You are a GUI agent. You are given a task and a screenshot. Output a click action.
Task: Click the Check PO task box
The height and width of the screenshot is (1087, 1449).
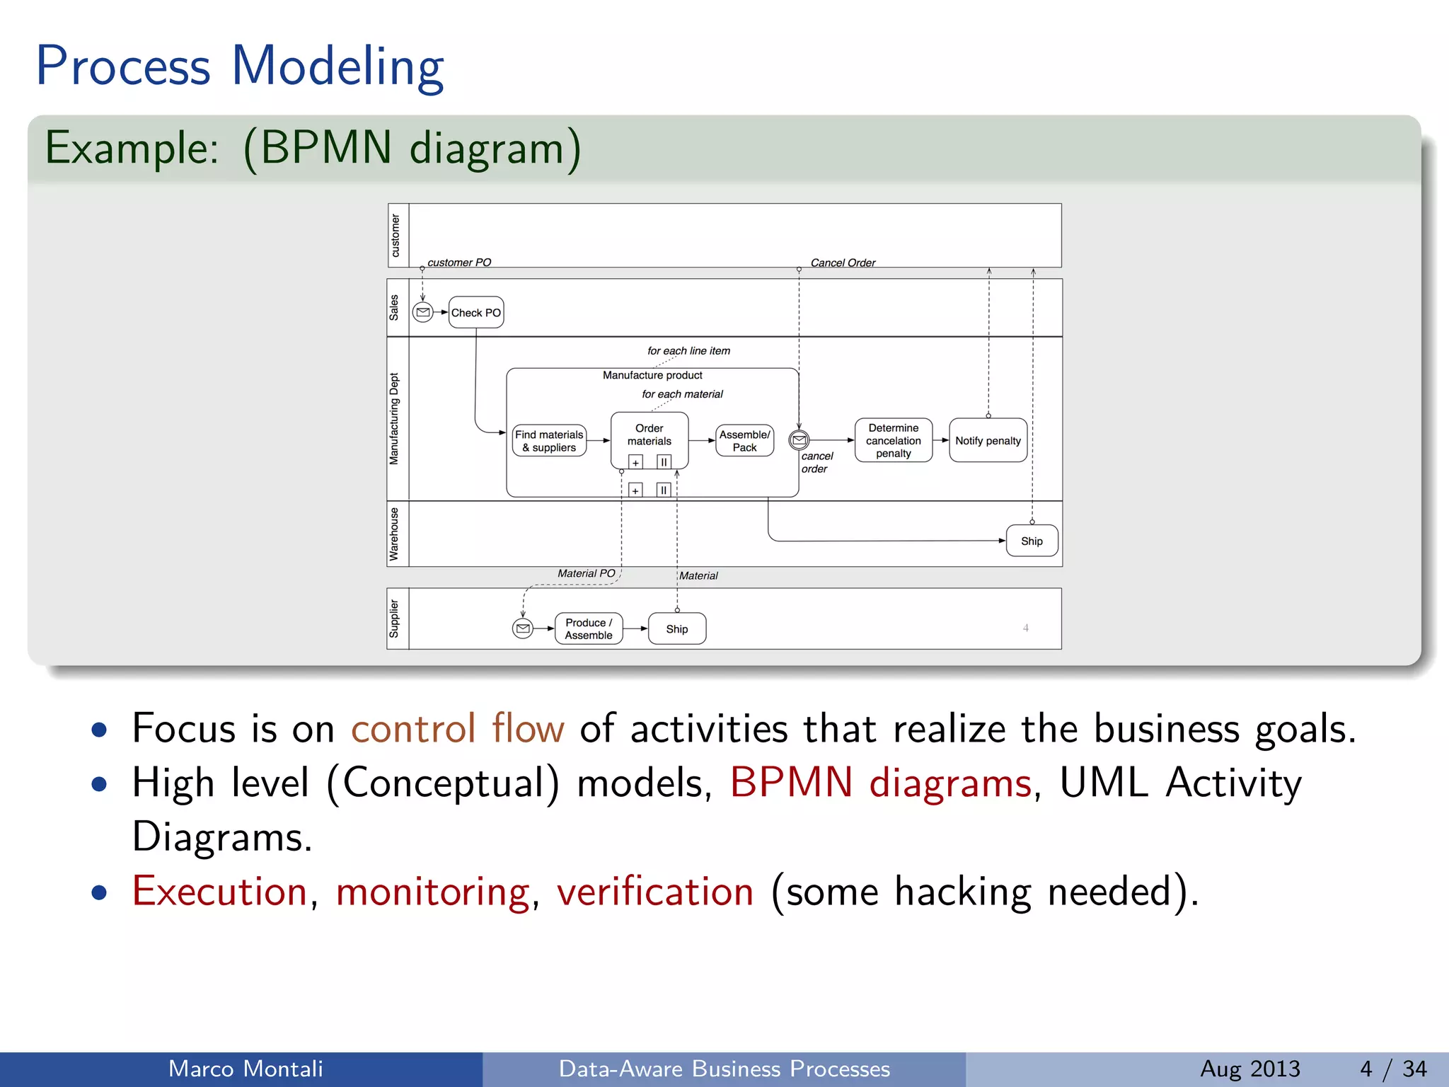(475, 312)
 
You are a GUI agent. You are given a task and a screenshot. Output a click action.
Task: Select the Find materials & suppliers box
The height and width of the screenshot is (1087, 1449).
(549, 441)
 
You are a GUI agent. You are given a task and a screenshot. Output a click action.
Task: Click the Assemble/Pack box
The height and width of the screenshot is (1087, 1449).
(744, 441)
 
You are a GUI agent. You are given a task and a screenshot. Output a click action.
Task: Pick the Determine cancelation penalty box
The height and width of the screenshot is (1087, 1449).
(893, 440)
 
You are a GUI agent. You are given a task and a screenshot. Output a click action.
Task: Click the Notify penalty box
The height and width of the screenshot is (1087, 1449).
(988, 440)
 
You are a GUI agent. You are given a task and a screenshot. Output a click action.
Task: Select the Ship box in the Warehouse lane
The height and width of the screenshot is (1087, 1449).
(1032, 541)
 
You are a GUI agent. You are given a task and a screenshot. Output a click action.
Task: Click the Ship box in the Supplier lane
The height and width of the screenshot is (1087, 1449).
(676, 628)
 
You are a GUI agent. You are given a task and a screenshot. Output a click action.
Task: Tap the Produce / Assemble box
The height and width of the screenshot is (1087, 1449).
(589, 628)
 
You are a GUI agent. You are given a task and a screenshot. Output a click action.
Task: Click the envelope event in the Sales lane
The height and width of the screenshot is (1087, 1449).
(423, 312)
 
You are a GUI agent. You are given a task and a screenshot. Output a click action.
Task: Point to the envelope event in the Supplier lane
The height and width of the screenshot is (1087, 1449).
(523, 628)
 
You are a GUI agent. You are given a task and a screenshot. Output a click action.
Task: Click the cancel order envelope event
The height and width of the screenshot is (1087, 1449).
(799, 440)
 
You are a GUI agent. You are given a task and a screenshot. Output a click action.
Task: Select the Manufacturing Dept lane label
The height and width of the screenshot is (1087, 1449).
(394, 419)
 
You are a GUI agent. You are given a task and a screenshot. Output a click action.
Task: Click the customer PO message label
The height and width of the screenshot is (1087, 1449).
(459, 263)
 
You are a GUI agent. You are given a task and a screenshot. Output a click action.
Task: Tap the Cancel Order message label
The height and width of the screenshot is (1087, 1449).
(843, 263)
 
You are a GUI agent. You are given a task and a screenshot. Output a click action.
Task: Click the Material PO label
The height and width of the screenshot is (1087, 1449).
(586, 573)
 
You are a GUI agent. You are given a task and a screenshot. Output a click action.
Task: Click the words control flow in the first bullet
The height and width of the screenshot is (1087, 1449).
(458, 728)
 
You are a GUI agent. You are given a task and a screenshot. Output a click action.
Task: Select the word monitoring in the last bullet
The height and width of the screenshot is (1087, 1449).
(432, 891)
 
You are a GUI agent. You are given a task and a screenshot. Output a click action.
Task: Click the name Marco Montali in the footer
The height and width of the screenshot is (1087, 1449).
(246, 1069)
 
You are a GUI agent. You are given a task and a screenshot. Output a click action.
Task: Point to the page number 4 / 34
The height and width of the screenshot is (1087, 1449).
(1393, 1069)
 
